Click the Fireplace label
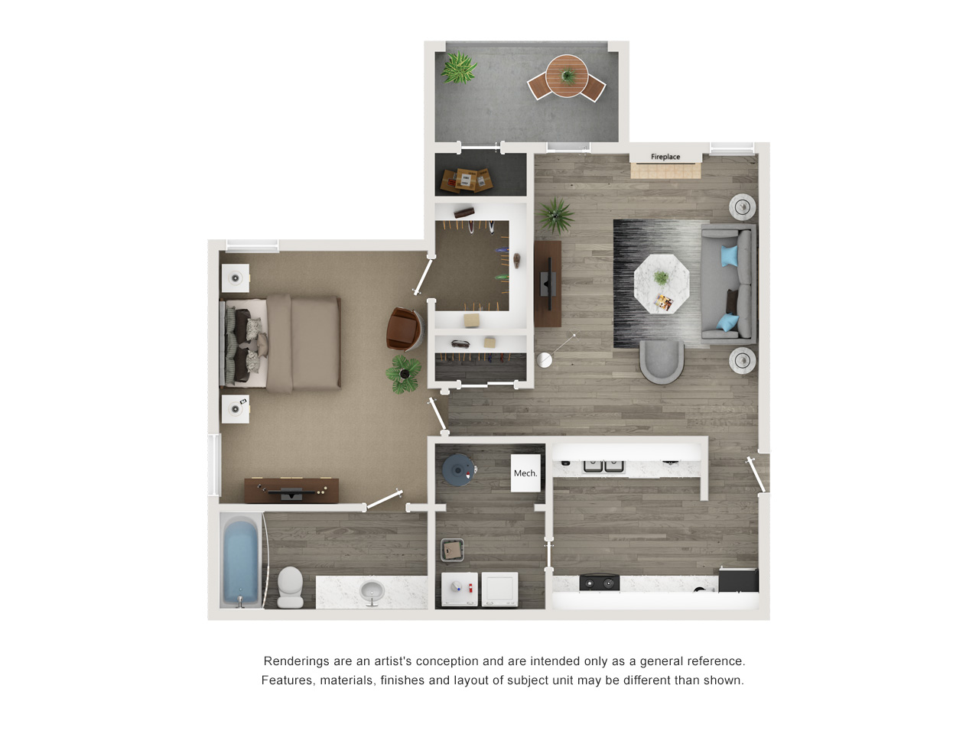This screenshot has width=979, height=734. click(665, 157)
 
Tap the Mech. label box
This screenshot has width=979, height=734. click(525, 473)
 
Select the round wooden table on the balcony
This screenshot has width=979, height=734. click(567, 76)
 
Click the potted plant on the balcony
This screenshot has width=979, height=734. click(458, 68)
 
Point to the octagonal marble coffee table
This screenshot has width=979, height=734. click(662, 284)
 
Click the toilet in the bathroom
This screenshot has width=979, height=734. click(291, 586)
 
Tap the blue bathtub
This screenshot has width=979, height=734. click(241, 560)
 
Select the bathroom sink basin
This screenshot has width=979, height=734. click(372, 593)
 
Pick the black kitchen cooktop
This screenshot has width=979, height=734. click(599, 583)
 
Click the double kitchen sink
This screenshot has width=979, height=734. click(603, 466)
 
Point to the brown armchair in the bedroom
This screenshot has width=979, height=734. click(404, 329)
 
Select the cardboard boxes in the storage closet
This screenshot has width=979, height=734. click(467, 180)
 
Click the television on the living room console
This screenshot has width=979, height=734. click(549, 284)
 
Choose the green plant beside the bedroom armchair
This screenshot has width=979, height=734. click(404, 374)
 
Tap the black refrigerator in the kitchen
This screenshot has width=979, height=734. click(738, 580)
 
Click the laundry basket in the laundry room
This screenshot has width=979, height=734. click(453, 550)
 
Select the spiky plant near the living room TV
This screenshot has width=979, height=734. click(555, 216)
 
